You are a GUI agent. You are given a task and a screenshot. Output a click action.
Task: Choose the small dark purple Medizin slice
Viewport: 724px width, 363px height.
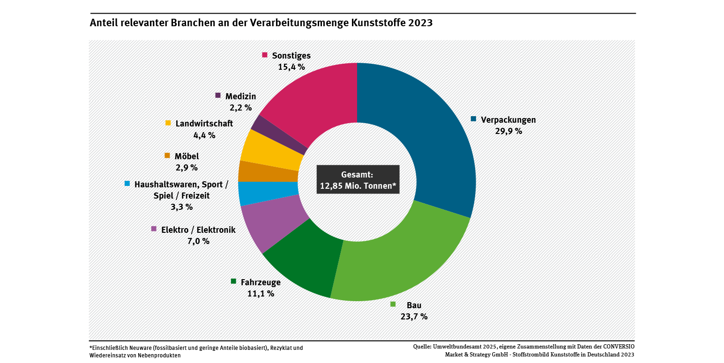point(280,133)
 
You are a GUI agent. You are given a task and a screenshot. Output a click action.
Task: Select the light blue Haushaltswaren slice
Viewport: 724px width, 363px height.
point(268,193)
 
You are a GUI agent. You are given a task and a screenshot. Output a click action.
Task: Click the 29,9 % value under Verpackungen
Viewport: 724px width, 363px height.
point(508,131)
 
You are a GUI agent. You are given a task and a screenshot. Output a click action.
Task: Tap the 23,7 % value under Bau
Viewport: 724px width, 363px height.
point(414,316)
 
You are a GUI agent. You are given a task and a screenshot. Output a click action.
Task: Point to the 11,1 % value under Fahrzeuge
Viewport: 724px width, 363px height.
point(261,294)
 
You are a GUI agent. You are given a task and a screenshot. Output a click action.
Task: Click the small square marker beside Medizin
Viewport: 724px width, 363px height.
point(218,95)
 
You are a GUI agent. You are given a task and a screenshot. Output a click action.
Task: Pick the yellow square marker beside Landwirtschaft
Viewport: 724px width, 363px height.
point(168,123)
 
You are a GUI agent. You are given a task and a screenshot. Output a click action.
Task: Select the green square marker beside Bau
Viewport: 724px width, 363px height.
point(393,304)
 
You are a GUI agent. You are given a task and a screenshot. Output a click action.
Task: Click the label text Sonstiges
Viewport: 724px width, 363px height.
point(291,56)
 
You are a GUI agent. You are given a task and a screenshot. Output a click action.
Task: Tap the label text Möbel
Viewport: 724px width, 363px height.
point(187,156)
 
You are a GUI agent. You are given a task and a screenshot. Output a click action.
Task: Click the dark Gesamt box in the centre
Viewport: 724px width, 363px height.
point(358,179)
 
